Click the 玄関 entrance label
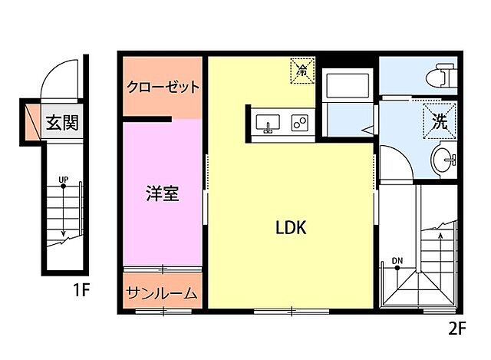click(62, 121)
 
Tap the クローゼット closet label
click(163, 87)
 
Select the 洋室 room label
click(162, 193)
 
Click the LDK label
click(291, 227)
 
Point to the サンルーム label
click(162, 292)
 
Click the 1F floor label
click(82, 291)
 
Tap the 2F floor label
click(457, 329)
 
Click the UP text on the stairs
click(63, 180)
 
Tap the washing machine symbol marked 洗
click(440, 120)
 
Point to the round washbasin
click(443, 160)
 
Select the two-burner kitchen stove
click(299, 123)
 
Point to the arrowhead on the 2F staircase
click(441, 236)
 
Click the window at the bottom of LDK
click(291, 311)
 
